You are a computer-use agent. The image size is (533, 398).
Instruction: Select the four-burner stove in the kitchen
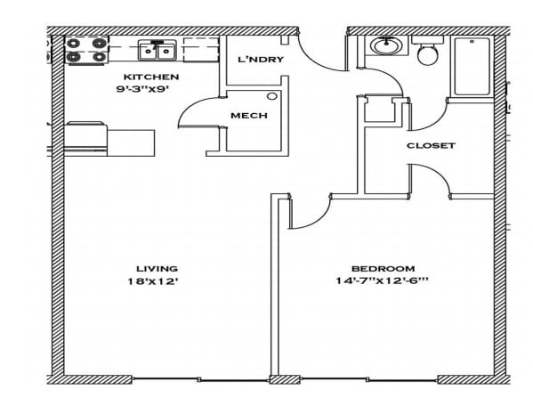click(87, 49)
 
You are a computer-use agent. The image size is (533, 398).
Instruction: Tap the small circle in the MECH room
click(272, 95)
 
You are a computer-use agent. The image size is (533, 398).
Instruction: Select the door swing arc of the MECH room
click(194, 114)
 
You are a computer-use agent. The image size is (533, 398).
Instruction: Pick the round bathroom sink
click(387, 46)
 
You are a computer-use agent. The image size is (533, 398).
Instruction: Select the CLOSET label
click(431, 145)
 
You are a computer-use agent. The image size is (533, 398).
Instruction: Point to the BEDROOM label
click(383, 268)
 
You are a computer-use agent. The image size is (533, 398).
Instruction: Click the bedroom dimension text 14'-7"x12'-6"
click(383, 281)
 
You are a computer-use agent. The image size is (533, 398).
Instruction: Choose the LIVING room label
click(157, 268)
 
